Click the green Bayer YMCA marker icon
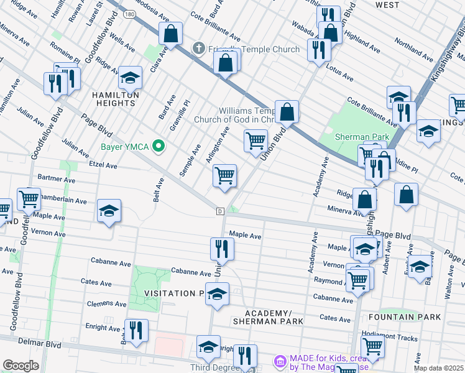[159, 147]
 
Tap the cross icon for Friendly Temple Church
[198, 48]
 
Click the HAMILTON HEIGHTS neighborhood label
[115, 94]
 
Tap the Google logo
[21, 366]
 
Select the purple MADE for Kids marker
[280, 361]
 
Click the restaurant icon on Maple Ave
[222, 249]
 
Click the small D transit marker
[220, 211]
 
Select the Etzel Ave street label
[103, 166]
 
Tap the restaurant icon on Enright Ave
[136, 330]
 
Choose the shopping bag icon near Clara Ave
[170, 34]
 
